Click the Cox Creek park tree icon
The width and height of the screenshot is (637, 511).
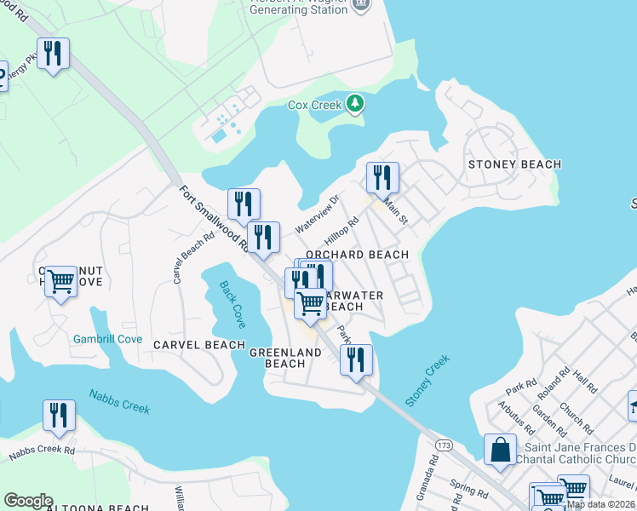(x=355, y=105)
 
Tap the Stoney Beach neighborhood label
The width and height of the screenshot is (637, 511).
(x=514, y=164)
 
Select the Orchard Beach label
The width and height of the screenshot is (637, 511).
(x=357, y=255)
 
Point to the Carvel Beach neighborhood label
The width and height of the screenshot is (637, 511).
(x=199, y=345)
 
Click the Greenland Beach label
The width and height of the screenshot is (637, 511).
(x=284, y=358)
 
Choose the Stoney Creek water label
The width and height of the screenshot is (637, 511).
(x=427, y=381)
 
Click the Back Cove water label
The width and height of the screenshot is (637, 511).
(x=232, y=304)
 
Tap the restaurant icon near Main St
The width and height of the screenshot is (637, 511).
(x=382, y=177)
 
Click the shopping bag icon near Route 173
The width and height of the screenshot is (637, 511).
(x=500, y=449)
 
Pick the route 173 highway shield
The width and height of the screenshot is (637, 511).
(x=443, y=445)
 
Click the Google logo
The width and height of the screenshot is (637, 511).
(x=28, y=501)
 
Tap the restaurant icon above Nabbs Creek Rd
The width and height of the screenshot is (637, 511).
(x=59, y=415)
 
